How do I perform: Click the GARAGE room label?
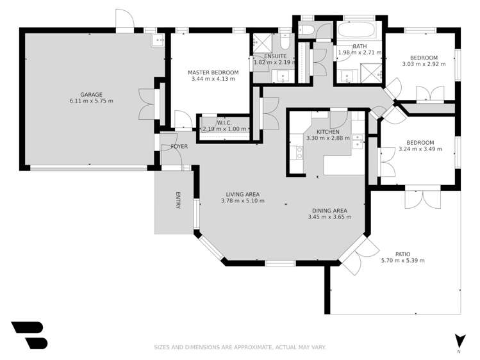91,94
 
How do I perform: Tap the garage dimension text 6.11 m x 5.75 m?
91,101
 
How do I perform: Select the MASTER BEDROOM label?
213,72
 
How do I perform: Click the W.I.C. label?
224,122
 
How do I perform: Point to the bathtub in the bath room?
359,32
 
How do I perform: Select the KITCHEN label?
327,131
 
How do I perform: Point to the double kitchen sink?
357,140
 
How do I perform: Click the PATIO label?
402,254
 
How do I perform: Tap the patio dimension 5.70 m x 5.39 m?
402,261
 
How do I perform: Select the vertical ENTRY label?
179,200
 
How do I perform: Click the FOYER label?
179,147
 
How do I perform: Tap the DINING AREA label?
329,211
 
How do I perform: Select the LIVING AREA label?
242,194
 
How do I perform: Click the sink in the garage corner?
158,41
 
